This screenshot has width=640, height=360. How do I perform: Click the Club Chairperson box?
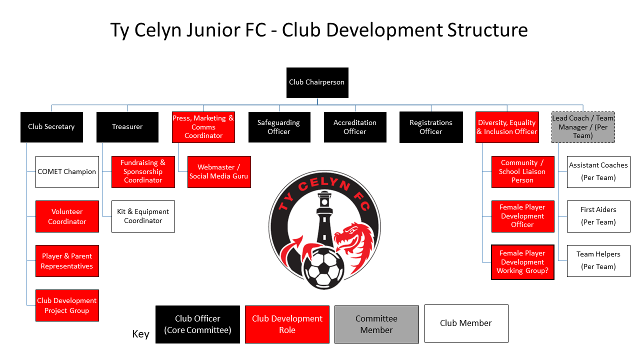(x=317, y=82)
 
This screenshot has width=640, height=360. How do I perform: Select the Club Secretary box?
(x=51, y=127)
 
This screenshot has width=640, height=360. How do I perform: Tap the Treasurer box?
(x=127, y=127)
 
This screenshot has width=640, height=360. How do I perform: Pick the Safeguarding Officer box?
(x=279, y=127)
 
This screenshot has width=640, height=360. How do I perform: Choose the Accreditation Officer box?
(x=355, y=127)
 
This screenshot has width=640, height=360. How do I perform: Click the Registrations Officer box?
(x=431, y=127)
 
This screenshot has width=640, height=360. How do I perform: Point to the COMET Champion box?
(x=67, y=172)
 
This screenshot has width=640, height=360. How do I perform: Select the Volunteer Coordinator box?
(x=67, y=216)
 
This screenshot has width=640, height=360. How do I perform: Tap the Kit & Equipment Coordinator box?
(x=143, y=216)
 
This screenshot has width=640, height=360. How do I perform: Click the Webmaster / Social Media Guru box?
(x=219, y=172)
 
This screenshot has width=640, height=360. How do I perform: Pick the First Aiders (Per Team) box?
(x=598, y=216)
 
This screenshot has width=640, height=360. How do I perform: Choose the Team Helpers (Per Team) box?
(x=598, y=261)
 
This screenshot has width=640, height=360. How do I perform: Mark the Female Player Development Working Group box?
(x=522, y=262)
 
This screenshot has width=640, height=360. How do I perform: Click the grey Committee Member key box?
(x=376, y=324)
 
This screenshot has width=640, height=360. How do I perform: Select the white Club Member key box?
(x=466, y=323)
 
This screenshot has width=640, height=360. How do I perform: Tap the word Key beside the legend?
(x=140, y=334)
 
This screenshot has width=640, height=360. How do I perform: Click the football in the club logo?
(x=323, y=269)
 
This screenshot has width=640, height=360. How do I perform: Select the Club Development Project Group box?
(x=67, y=305)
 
